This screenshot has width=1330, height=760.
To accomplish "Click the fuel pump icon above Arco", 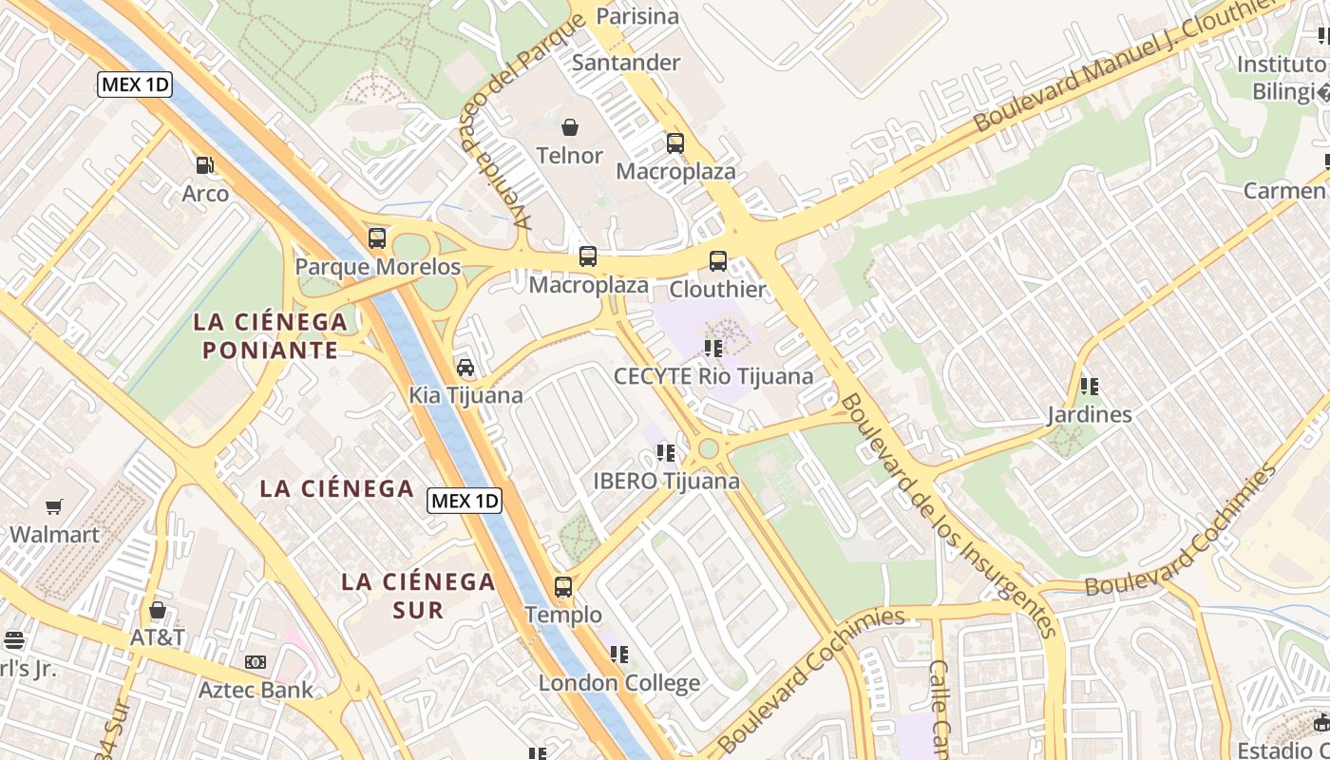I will coord(204,165).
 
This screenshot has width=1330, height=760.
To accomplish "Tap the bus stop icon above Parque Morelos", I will coord(377,238).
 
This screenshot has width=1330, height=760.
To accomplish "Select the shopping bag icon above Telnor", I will coord(570,127).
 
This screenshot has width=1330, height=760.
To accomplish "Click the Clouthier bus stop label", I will coord(717,289).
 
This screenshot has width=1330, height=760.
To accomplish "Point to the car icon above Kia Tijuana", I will coord(465,368).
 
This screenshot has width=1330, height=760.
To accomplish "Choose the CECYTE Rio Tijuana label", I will coord(713,375).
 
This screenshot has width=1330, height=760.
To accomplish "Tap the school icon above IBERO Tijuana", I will coord(666,453).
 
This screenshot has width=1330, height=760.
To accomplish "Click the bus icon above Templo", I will coord(563,587).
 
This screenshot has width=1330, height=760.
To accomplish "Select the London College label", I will coord(619,682).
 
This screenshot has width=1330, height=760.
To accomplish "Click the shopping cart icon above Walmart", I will coord(54,507).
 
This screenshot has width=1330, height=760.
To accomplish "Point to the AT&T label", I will coord(157,637).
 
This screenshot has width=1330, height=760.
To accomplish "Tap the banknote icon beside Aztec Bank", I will coord(255,662).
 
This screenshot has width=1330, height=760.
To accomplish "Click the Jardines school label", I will coord(1090,414).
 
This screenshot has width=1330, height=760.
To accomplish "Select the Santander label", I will coord(626,63).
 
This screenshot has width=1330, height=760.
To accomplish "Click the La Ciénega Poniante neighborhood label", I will coord(270,335).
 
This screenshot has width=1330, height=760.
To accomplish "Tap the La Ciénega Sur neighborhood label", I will coord(418,595).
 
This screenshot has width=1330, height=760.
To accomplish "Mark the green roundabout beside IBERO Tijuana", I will coord(708,448).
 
